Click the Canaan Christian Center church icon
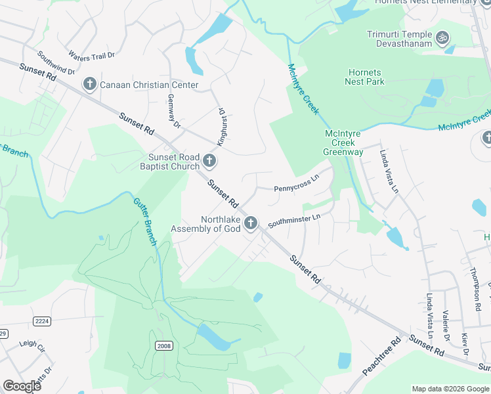[89, 84]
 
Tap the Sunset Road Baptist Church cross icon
[209, 161]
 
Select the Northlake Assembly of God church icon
[250, 224]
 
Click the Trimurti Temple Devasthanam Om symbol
[442, 38]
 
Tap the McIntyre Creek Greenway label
[343, 142]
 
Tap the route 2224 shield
[42, 320]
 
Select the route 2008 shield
[164, 345]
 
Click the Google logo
[22, 386]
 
